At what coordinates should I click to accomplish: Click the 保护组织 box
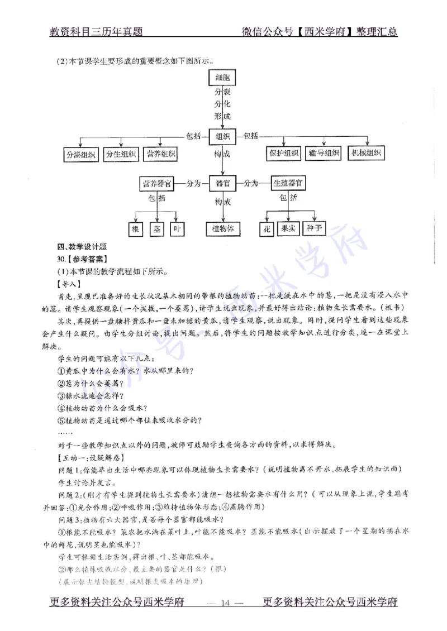(x=284, y=154)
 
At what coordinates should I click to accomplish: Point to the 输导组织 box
(x=324, y=154)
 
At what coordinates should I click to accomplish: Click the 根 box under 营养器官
(x=135, y=229)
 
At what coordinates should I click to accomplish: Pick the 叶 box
(x=177, y=229)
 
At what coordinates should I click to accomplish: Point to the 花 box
(x=267, y=229)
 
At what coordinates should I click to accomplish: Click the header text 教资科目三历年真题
(x=96, y=32)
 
